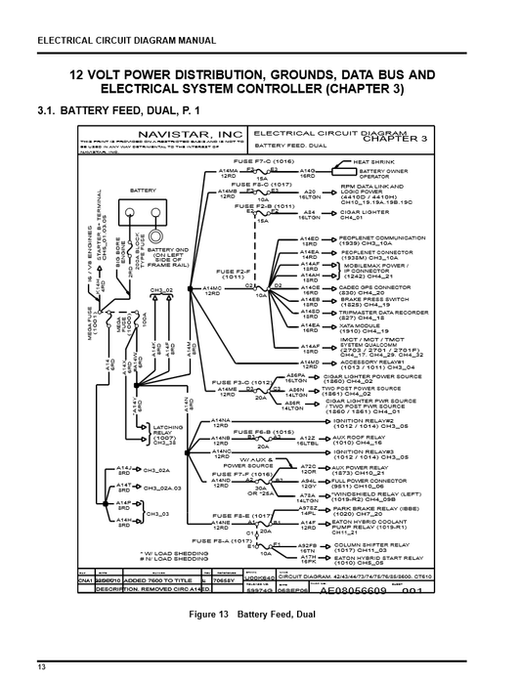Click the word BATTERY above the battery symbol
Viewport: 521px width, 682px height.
(143, 191)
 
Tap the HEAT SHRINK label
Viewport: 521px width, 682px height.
(372, 161)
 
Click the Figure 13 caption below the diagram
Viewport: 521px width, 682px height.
(260, 614)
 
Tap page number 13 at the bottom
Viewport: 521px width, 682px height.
(42, 667)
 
